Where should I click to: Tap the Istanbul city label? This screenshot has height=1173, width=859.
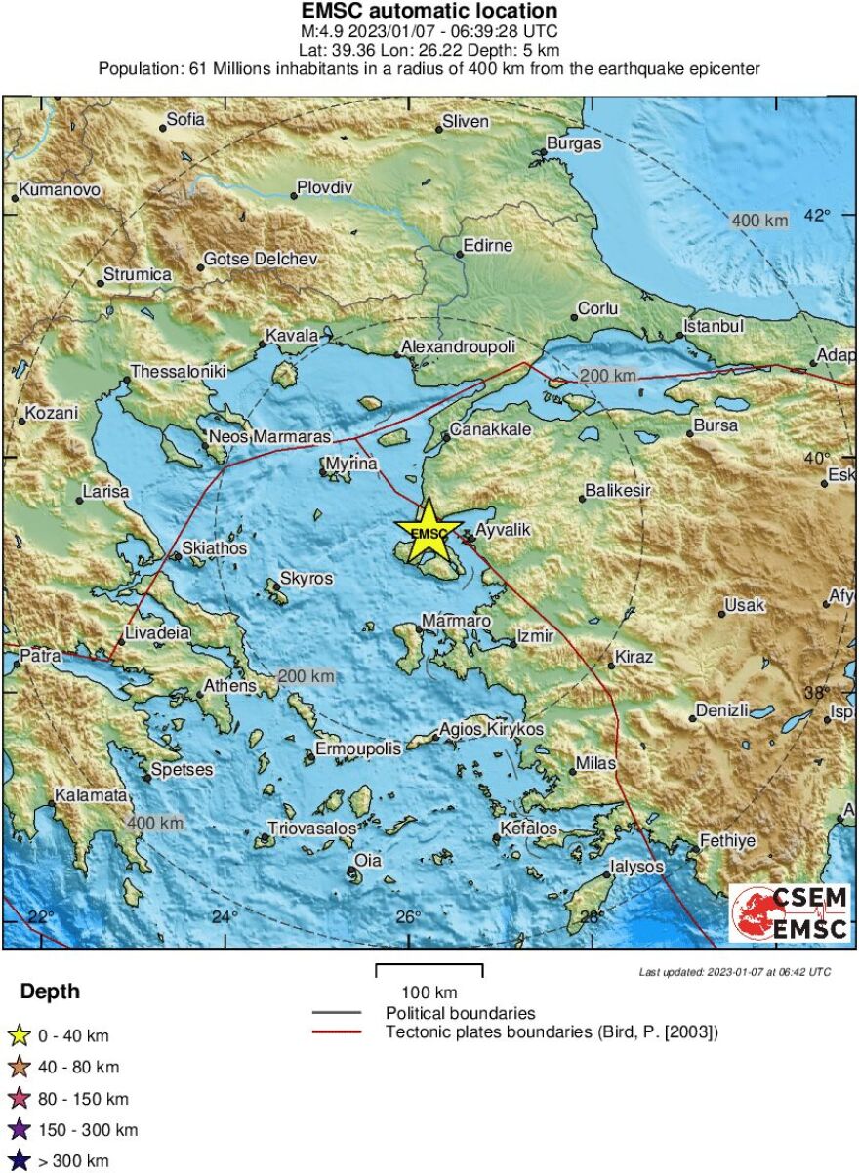(715, 326)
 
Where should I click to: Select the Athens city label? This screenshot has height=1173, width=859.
(228, 686)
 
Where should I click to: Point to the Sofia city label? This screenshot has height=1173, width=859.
(185, 120)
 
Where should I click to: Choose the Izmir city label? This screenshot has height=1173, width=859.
(535, 636)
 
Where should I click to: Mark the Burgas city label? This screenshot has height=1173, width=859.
(574, 143)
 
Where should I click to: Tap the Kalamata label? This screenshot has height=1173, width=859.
(91, 795)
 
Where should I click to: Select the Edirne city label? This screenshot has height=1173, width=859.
(487, 246)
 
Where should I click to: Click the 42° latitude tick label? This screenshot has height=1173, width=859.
(816, 216)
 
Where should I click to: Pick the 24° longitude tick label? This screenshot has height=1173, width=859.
(225, 916)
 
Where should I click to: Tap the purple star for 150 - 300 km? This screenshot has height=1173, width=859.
(20, 1130)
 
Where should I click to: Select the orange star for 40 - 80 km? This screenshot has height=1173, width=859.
(20, 1068)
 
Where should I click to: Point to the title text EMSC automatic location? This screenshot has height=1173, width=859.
(429, 11)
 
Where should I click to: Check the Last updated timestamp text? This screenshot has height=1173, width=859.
(735, 972)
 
